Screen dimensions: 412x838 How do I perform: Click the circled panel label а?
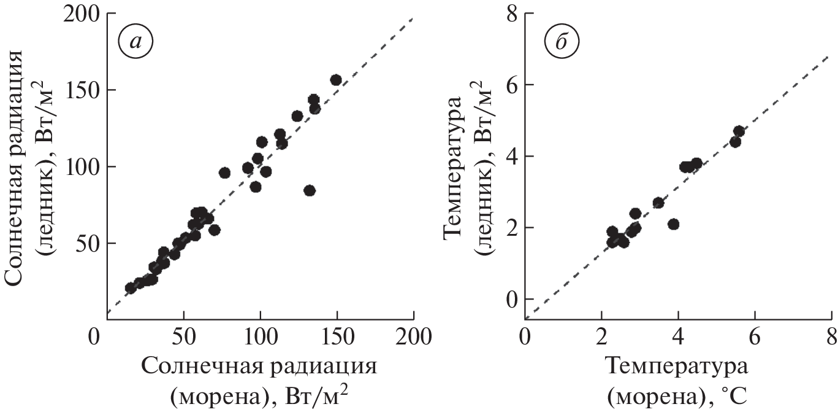[x=135, y=41]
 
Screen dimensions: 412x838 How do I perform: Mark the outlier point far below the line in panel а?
[x=310, y=190]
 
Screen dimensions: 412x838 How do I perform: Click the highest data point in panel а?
[x=336, y=80]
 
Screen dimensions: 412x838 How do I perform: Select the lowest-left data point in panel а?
[x=130, y=287]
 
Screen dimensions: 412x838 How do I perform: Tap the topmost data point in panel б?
[x=739, y=131]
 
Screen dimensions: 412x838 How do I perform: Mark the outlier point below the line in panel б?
[x=674, y=224]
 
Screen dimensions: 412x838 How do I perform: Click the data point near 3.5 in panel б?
[x=658, y=203]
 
